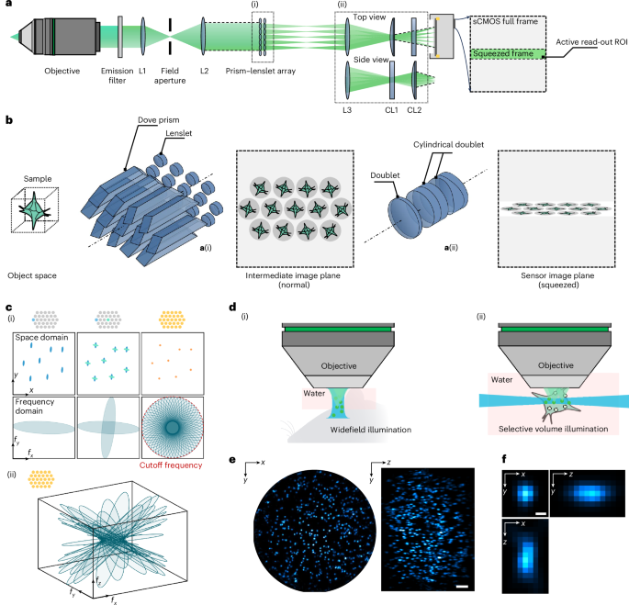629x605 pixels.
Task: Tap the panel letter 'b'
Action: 8,121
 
